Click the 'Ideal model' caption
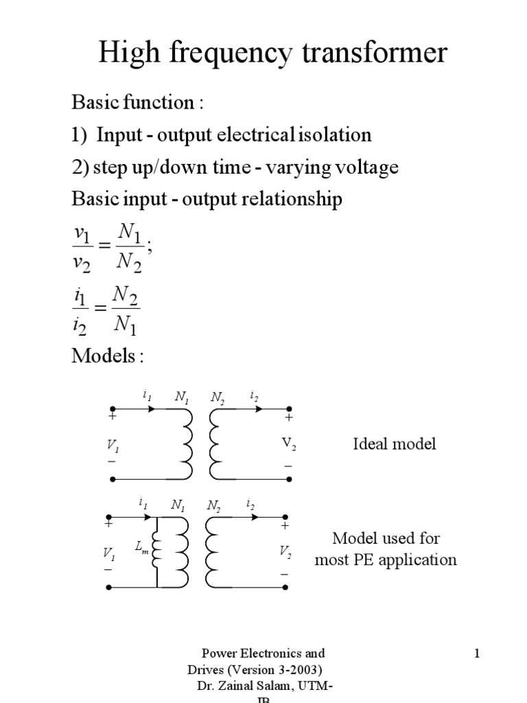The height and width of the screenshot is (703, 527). pyautogui.click(x=394, y=443)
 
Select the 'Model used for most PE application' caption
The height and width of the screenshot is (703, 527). pyautogui.click(x=386, y=549)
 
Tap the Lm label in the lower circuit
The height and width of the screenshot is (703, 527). pyautogui.click(x=141, y=547)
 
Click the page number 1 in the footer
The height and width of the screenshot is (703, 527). pyautogui.click(x=476, y=654)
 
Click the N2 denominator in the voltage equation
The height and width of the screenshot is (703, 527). pyautogui.click(x=128, y=263)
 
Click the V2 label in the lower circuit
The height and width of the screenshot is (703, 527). pyautogui.click(x=285, y=551)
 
